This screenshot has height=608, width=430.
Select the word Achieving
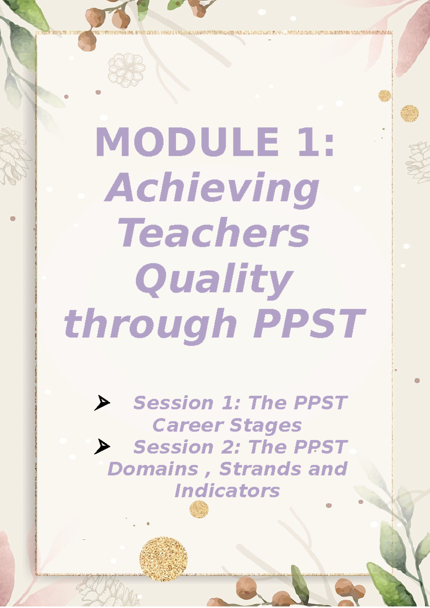(x=212, y=188)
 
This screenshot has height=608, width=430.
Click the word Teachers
(x=214, y=233)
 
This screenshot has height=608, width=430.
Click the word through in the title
(x=150, y=324)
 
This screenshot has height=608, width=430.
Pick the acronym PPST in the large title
(x=309, y=324)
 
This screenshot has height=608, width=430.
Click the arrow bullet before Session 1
(x=102, y=403)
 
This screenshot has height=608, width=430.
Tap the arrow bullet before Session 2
(x=102, y=447)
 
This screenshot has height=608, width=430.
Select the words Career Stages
(x=227, y=425)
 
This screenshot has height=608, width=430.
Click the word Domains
(x=153, y=469)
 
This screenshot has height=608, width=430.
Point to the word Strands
(x=260, y=469)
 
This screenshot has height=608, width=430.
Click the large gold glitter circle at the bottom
(x=163, y=559)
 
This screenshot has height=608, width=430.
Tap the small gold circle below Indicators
(x=199, y=509)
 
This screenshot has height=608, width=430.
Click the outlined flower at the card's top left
(x=126, y=71)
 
